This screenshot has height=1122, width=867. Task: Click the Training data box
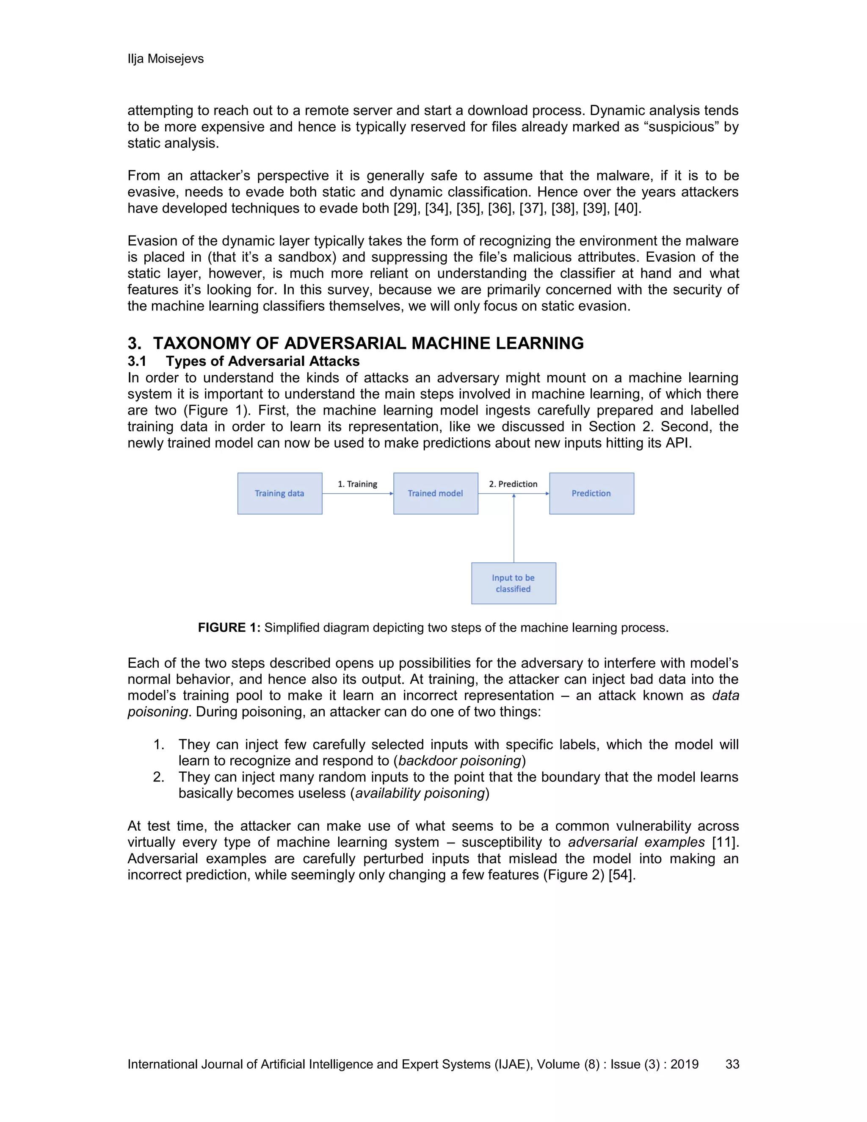[x=279, y=493]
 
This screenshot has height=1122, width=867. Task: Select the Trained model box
[x=436, y=493]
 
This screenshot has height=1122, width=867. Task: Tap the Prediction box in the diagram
[x=591, y=493]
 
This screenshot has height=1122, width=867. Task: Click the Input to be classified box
[x=513, y=583]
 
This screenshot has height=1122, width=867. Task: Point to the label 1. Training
[x=357, y=484]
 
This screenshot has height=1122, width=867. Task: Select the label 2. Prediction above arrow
[x=513, y=484]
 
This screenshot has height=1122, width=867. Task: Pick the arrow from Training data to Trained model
[x=357, y=494]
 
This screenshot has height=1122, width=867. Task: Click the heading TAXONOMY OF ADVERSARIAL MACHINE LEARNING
[x=368, y=343]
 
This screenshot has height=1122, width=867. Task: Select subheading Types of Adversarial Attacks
[x=262, y=361]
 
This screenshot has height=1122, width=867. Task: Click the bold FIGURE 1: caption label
[x=229, y=628]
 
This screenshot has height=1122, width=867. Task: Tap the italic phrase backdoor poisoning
[x=460, y=761]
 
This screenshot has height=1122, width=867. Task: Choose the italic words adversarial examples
[x=636, y=843]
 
